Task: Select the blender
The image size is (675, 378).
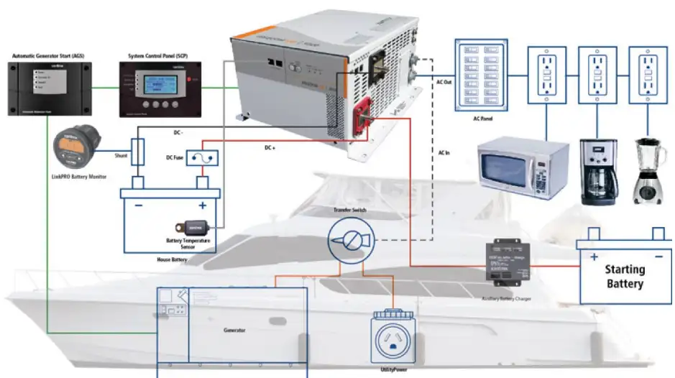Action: [647, 172]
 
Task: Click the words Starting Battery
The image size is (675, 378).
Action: [624, 276]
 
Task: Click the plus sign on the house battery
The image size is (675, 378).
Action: [203, 206]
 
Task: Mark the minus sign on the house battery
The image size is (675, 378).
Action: [138, 206]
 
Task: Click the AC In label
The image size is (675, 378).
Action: [444, 153]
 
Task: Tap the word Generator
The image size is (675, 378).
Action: [234, 330]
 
